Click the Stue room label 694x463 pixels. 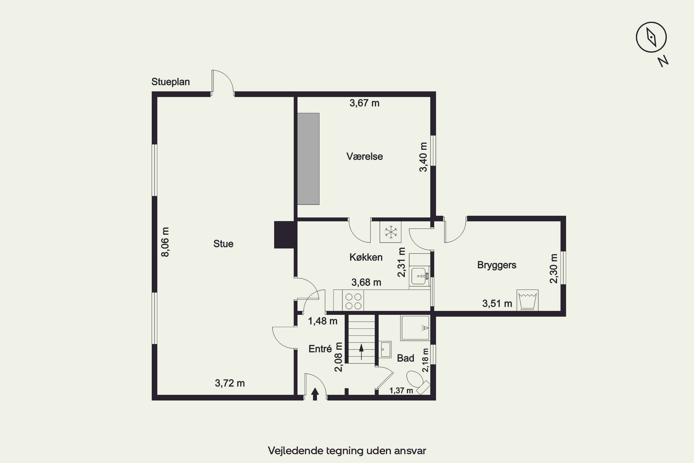click(223, 244)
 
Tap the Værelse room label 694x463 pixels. click(365, 156)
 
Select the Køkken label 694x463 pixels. click(366, 257)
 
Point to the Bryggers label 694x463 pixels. click(497, 265)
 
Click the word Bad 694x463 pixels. click(406, 358)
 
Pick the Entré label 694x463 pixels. click(320, 349)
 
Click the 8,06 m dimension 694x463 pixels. click(165, 242)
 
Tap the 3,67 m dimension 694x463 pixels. click(364, 103)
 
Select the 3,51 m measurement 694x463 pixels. click(497, 303)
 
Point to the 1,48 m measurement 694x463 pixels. click(322, 321)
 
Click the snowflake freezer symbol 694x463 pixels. click(390, 232)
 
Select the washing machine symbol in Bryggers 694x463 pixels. click(528, 300)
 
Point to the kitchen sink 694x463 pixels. click(419, 276)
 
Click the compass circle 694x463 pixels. click(651, 38)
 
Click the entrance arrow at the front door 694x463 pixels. click(315, 394)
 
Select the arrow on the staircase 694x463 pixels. click(361, 352)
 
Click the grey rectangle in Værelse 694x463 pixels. click(308, 159)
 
